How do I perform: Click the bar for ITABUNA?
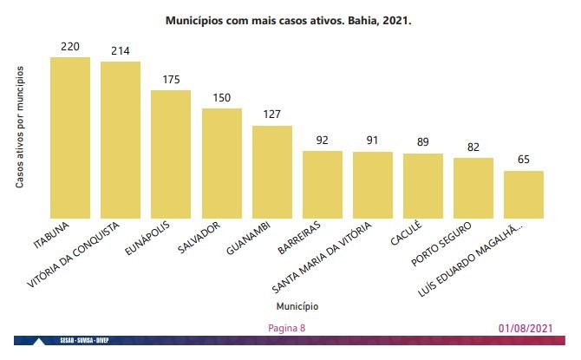pos(70,137)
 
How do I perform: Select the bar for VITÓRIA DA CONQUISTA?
pos(121,139)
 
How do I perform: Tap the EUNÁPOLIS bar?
pos(171,154)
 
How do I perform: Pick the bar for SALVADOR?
pos(221,162)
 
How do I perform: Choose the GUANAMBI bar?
pos(271,171)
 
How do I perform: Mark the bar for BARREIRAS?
pos(322,184)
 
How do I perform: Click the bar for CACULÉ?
pos(422,185)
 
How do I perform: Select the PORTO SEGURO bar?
pos(473,187)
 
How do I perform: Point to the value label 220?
pos(70,46)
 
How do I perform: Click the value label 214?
pos(121,51)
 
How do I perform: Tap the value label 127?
pos(271,115)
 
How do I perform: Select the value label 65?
pos(523,160)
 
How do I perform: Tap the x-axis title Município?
pos(297,307)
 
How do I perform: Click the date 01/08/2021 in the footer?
pos(525,329)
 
